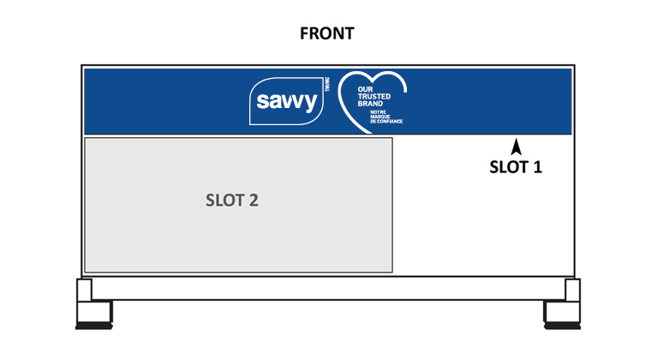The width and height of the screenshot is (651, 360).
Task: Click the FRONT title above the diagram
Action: pos(326,34)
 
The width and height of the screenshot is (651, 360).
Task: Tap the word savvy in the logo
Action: pos(288,104)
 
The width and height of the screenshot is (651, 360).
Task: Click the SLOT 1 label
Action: pos(516,166)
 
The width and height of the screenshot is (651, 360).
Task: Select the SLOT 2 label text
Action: pos(232,201)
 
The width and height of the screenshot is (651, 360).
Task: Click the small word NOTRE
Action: pos(378,111)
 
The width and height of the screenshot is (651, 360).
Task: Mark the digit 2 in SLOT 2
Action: pos(254,201)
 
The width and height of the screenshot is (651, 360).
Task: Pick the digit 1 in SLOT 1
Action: pos(537,166)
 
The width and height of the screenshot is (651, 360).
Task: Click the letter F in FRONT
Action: pos(304,34)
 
